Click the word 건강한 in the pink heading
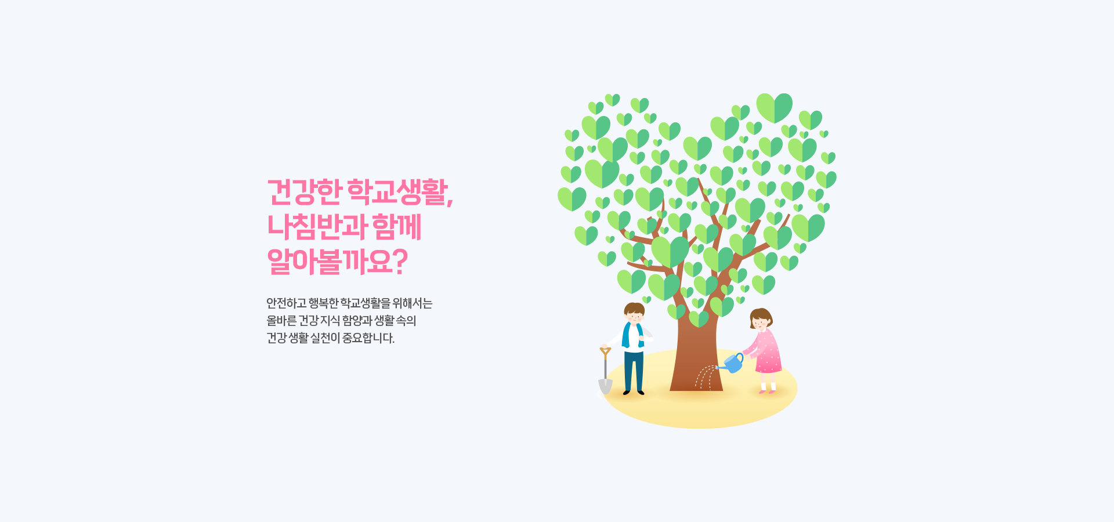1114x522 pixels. click(304, 192)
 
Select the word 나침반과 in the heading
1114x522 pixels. click(316, 227)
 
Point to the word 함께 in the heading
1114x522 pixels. click(396, 227)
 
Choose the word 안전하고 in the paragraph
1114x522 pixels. click(286, 303)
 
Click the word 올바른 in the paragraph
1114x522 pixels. click(281, 321)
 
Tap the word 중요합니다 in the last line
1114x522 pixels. click(368, 338)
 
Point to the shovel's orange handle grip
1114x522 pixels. click(605, 352)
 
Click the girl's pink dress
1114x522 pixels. click(766, 351)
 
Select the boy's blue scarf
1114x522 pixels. click(632, 335)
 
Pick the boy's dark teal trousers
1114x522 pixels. click(634, 371)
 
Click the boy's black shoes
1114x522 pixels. click(634, 393)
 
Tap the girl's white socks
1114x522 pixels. click(768, 386)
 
